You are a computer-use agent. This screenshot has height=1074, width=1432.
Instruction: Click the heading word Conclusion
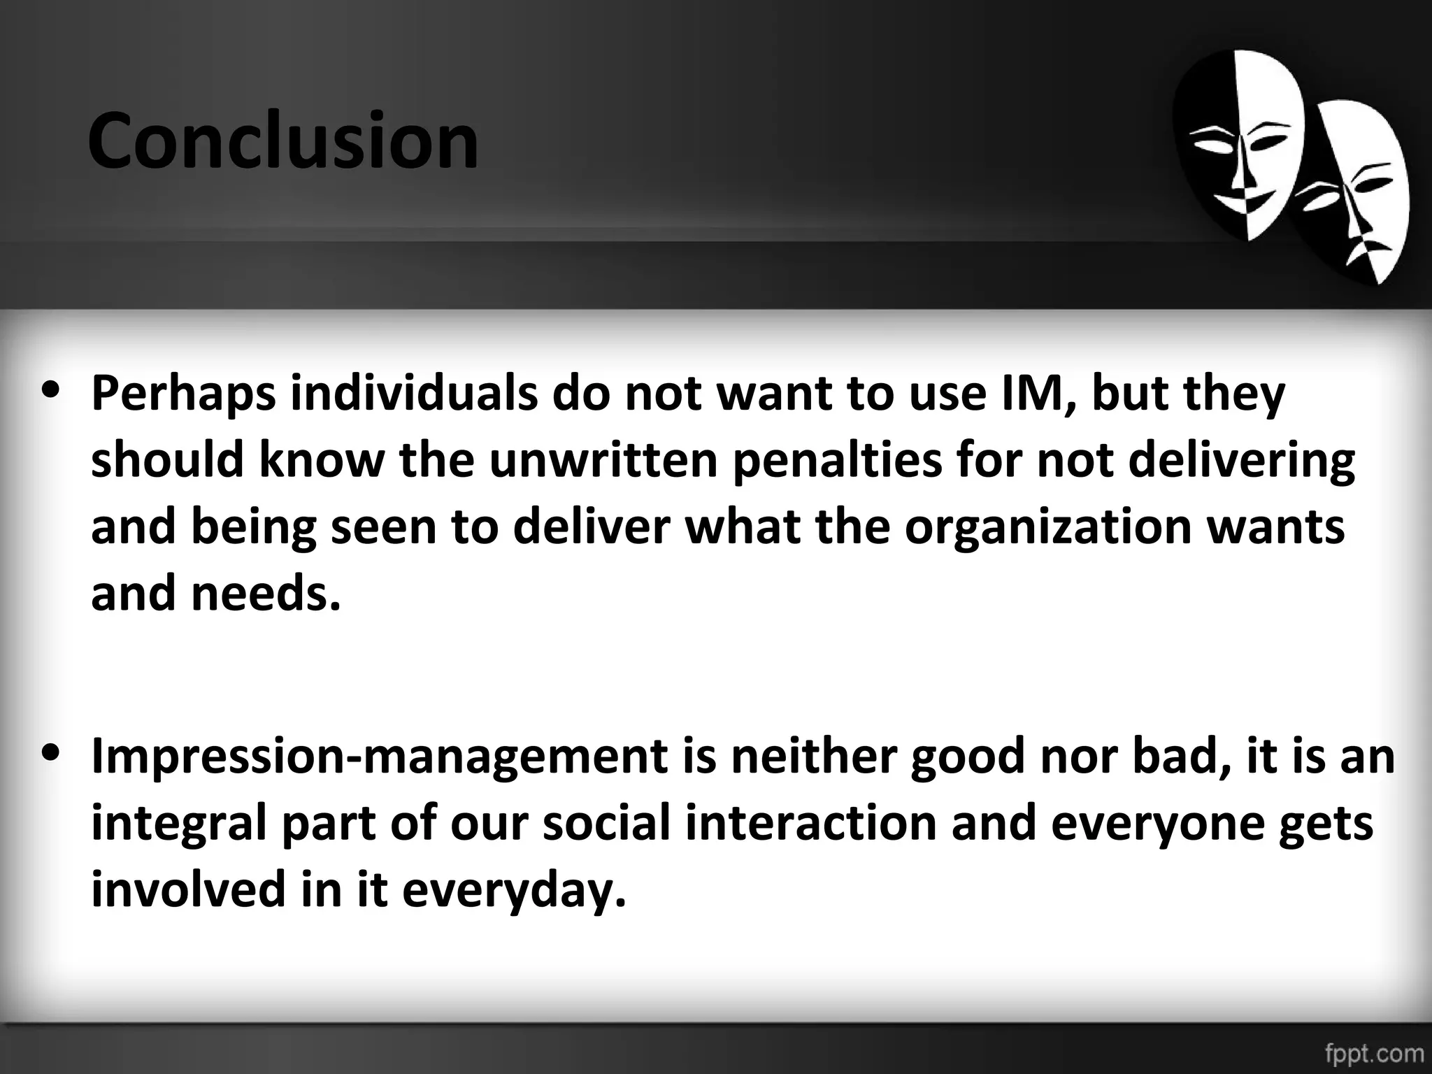tap(282, 142)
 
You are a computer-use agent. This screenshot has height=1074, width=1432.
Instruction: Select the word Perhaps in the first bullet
tap(184, 394)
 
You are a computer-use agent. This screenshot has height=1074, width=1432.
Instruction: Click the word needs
tap(266, 593)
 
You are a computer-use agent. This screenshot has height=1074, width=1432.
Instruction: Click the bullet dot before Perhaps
tap(50, 392)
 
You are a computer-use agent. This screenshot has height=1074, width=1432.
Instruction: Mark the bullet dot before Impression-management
tap(50, 755)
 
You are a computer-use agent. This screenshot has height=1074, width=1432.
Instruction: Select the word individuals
tap(413, 393)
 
